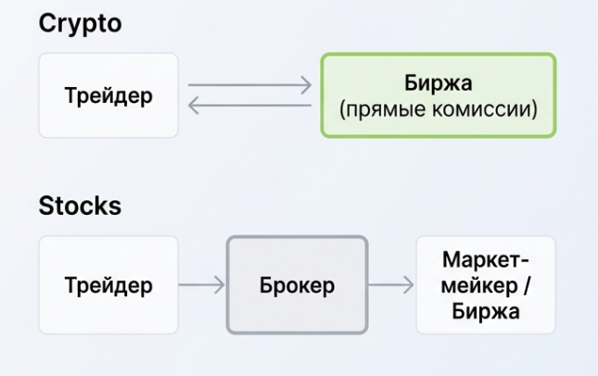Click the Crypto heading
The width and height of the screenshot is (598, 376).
point(80,24)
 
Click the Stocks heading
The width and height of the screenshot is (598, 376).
point(80,206)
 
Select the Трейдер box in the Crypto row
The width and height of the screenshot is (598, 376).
point(108,95)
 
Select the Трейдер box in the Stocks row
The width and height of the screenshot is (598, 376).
point(108,285)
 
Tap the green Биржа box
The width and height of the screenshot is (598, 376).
point(439,95)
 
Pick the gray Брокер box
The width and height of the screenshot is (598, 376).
point(297,285)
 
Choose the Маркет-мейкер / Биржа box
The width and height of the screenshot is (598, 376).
point(486,285)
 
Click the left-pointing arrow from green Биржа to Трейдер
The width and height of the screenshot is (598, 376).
point(249,107)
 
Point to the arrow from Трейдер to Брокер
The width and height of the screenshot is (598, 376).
point(202,285)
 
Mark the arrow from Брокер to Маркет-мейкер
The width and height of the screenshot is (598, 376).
point(391,285)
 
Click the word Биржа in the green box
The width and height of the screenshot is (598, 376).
point(439,83)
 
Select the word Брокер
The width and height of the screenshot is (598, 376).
point(297,285)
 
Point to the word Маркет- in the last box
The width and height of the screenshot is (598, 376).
point(486,259)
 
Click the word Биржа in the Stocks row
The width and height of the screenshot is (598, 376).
point(486,311)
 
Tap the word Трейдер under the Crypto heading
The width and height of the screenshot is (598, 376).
point(108,95)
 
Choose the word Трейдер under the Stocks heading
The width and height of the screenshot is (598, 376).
point(108,285)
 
